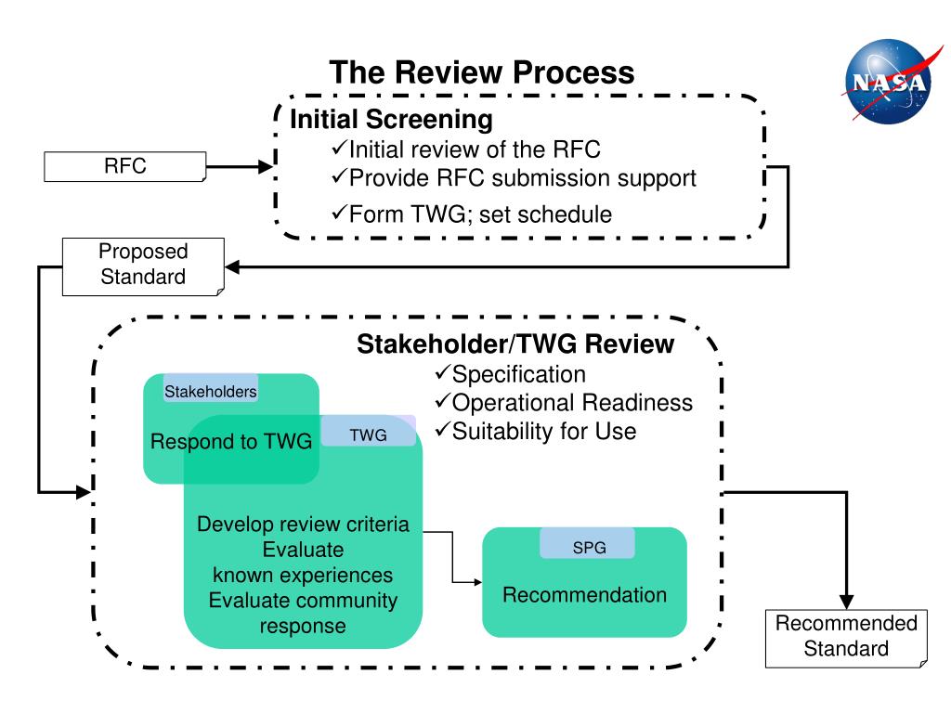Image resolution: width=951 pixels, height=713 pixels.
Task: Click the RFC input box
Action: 125,166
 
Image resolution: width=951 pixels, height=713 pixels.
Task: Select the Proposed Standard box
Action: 143,266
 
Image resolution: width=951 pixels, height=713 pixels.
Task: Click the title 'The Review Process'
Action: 482,72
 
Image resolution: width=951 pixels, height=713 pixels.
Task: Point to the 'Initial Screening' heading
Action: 391,120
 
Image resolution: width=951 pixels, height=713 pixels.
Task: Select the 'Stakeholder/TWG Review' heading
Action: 515,344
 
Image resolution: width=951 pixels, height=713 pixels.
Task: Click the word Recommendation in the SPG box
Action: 585,595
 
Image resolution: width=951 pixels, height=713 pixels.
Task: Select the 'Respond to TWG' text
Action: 231,441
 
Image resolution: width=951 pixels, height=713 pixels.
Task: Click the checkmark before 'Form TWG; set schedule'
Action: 339,213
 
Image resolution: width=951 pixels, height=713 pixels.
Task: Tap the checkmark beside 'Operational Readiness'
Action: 442,400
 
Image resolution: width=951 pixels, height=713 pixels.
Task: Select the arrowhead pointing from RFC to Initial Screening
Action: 266,166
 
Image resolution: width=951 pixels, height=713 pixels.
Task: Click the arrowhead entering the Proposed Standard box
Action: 233,266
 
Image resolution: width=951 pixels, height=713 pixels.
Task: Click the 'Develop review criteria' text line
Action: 304,524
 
